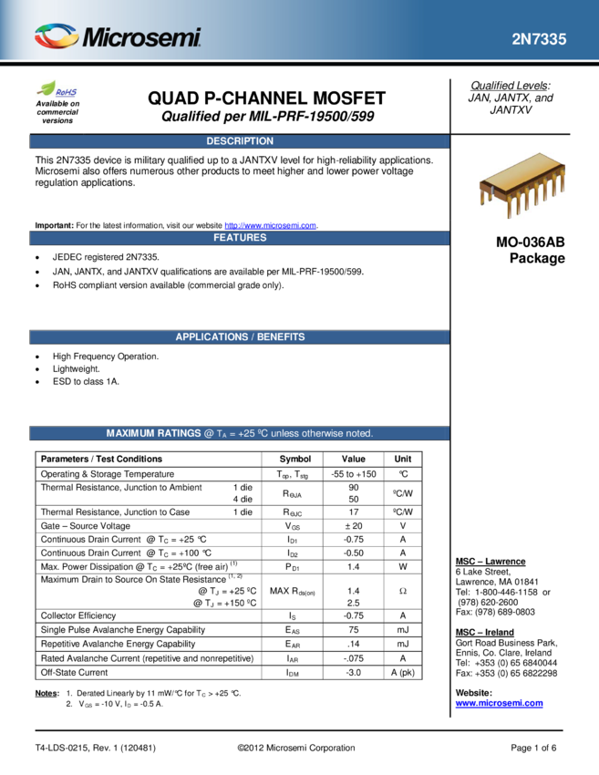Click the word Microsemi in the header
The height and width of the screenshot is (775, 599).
141,37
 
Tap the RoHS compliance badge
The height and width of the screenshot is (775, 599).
57,89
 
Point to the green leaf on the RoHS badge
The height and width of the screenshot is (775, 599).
46,88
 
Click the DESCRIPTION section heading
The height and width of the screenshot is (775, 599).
240,141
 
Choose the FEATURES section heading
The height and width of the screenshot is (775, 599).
240,238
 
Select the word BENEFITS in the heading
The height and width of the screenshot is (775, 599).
281,337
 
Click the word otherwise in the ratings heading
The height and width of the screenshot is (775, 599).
322,434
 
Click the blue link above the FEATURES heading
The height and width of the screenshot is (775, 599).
270,225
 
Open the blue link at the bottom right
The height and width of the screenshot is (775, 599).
499,703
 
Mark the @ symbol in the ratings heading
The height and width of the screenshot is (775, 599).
209,434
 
